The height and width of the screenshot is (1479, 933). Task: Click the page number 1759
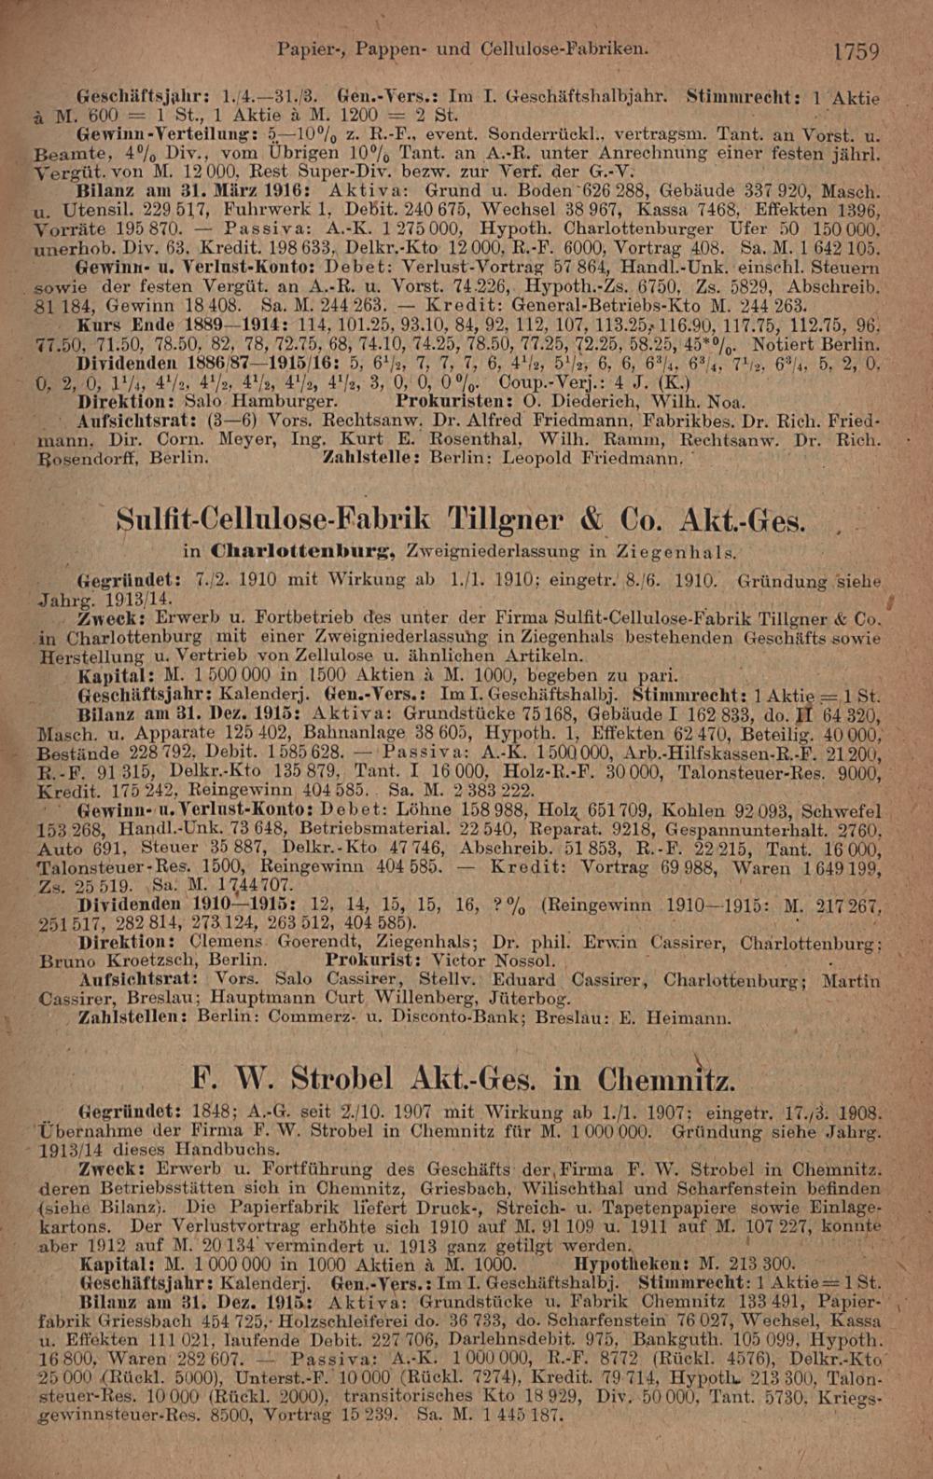(x=856, y=50)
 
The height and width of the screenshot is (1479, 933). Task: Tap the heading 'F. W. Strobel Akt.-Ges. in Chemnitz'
(x=463, y=1079)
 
